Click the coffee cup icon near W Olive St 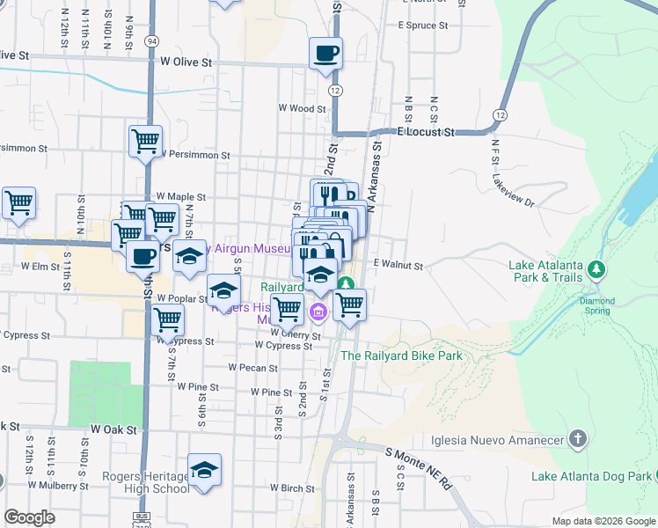325,53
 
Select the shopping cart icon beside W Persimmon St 145,141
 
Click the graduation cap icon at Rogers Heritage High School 204,471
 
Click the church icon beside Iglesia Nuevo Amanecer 577,437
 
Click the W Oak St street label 113,429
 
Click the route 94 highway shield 152,40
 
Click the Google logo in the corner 29,517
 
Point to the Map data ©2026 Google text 603,521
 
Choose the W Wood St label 302,108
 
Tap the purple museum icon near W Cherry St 318,311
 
